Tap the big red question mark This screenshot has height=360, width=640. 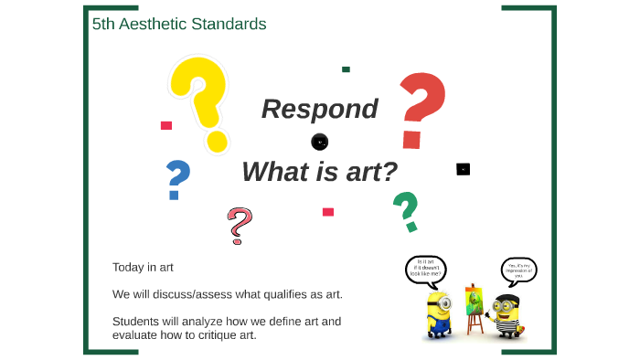421,110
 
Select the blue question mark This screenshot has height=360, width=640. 177,179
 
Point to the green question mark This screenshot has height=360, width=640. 405,211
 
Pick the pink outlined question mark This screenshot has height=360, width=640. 239,225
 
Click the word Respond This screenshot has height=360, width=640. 319,109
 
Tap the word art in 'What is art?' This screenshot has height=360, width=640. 366,171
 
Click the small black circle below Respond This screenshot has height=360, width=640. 319,142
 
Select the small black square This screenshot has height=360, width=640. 463,169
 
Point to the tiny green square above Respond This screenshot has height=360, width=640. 346,69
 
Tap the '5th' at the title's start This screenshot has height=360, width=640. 104,25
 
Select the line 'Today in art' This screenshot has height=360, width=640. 143,267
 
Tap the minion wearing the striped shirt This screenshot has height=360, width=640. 502,315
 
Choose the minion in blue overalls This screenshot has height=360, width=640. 438,315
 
